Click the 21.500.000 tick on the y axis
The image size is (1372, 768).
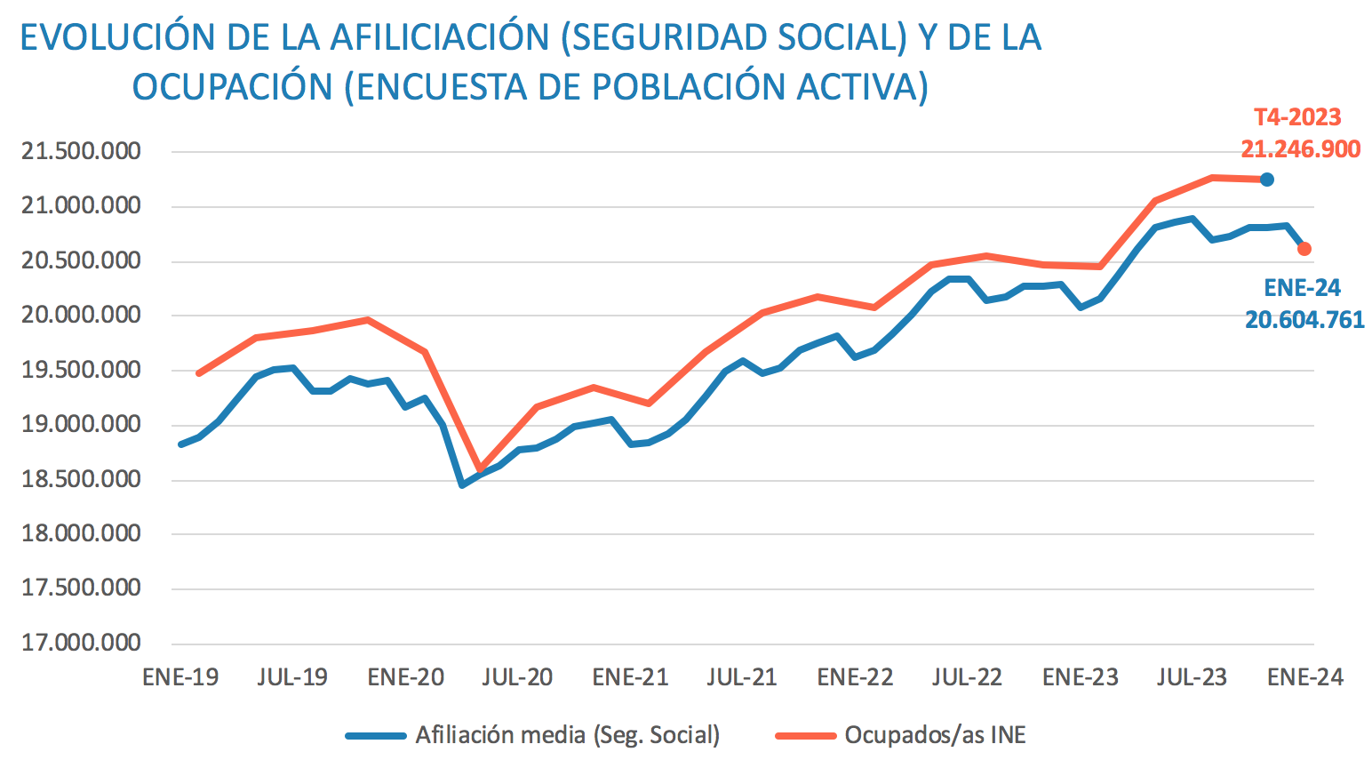coord(81,151)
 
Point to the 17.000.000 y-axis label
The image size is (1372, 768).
coord(81,643)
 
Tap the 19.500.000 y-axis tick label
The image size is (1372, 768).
coord(81,370)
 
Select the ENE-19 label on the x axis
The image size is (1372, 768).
coord(180,677)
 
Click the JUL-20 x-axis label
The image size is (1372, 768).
coord(517,677)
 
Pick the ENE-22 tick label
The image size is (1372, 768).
coord(855,677)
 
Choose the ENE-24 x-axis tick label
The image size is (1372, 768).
coord(1304,677)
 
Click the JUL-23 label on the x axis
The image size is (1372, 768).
coord(1192,677)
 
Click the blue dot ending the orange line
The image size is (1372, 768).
coord(1267,180)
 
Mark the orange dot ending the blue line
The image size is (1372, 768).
coord(1304,249)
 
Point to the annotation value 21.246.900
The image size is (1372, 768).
coord(1300,149)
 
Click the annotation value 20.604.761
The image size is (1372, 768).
coord(1304,320)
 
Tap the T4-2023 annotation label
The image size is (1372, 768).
coord(1297,117)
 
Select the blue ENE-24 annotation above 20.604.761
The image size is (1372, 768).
coord(1303,288)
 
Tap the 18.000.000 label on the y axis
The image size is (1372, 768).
coord(81,533)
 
